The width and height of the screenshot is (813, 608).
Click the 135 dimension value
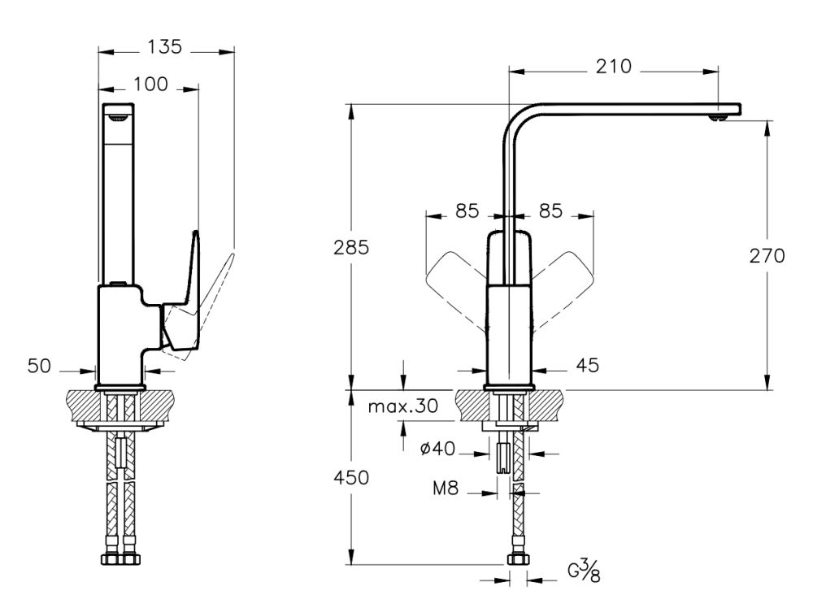(165, 48)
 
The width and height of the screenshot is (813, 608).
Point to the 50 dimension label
(39, 367)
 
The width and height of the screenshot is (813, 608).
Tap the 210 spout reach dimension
(613, 67)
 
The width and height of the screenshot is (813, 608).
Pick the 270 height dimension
(767, 256)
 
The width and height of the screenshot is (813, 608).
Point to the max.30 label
(402, 406)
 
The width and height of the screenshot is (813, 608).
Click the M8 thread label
(446, 489)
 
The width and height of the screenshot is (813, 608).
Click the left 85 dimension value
(467, 211)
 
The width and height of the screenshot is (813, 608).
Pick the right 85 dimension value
(550, 211)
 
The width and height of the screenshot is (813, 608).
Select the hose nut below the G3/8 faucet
(516, 559)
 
